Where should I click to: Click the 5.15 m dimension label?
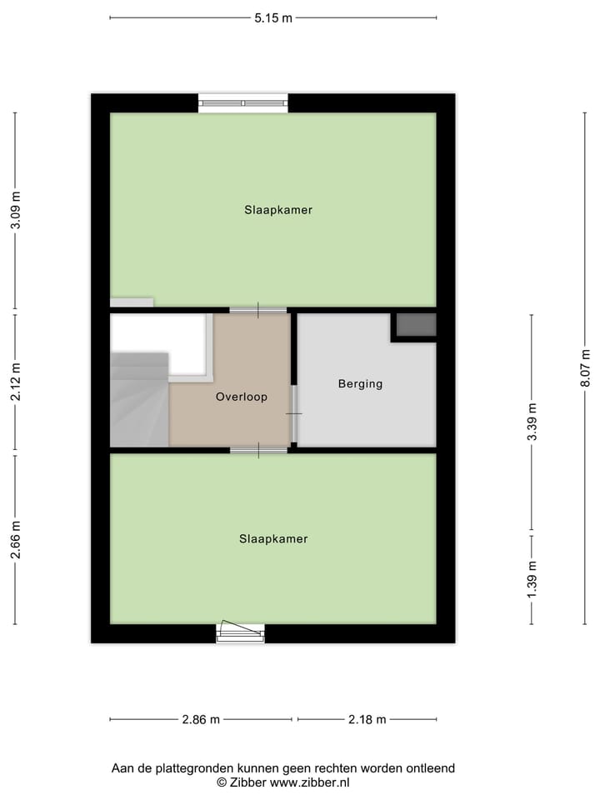pos(273,18)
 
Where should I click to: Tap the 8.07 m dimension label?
pos(585,367)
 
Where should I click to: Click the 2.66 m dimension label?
pos(15,539)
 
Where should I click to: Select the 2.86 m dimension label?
pos(201,720)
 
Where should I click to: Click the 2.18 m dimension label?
pos(367,720)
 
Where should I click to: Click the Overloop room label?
pos(242,397)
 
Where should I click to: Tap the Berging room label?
pos(360,384)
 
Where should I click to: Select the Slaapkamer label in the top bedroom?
pos(278,210)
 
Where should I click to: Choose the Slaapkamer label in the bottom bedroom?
pos(273,539)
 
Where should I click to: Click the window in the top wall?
pos(243,103)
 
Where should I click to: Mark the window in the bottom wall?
pos(240,633)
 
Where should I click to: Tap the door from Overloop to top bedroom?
pos(258,310)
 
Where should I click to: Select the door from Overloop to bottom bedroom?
pos(258,450)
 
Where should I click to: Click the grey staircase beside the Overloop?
pos(138,400)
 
